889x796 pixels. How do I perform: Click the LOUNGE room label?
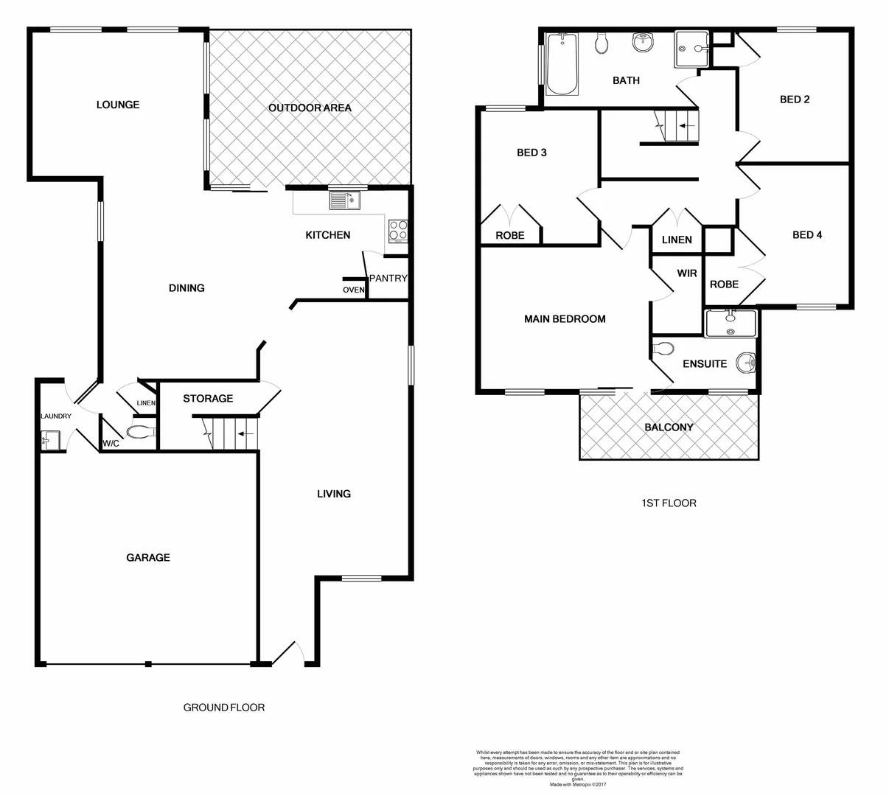click(x=118, y=105)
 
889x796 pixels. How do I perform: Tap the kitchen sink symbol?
click(x=344, y=200)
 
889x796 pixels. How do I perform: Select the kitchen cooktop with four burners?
click(x=398, y=231)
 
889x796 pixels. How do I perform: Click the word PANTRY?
click(x=388, y=278)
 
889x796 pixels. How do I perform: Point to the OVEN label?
click(x=353, y=290)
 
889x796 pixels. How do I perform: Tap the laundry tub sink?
click(x=50, y=441)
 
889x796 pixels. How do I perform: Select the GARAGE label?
click(x=148, y=558)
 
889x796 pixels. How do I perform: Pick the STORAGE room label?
click(x=208, y=399)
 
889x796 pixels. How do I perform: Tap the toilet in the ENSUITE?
click(x=663, y=349)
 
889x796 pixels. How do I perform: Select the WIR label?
click(x=687, y=273)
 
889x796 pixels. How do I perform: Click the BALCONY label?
click(x=669, y=427)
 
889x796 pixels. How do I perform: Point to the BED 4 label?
click(x=807, y=235)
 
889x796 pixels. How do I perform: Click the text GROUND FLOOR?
click(x=224, y=708)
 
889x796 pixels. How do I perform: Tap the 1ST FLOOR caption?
click(x=669, y=503)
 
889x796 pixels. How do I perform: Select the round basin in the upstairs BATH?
click(x=643, y=43)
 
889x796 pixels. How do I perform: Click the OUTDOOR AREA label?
click(x=310, y=108)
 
